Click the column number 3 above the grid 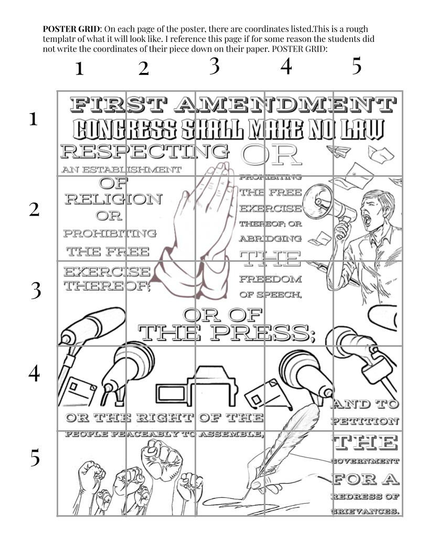(x=214, y=67)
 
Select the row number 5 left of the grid (x=34, y=458)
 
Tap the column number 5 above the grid (x=357, y=67)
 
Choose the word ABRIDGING (x=270, y=238)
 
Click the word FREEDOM (x=271, y=279)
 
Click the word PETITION (x=365, y=421)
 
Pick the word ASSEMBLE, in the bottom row (x=231, y=434)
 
